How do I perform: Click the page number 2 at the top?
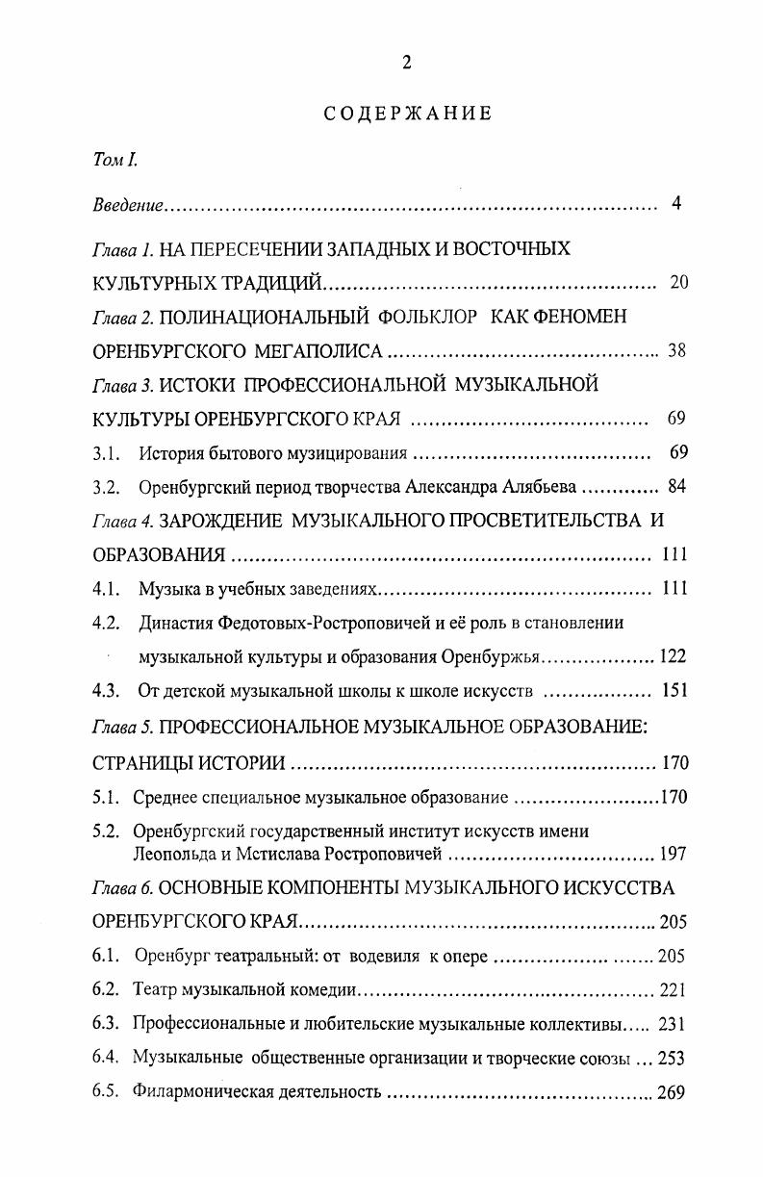406,64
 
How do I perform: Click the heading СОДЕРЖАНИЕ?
407,114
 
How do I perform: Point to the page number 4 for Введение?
677,204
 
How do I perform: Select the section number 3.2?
106,487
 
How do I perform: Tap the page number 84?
676,487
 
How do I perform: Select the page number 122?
674,657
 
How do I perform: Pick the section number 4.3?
106,691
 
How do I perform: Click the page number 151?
675,691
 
